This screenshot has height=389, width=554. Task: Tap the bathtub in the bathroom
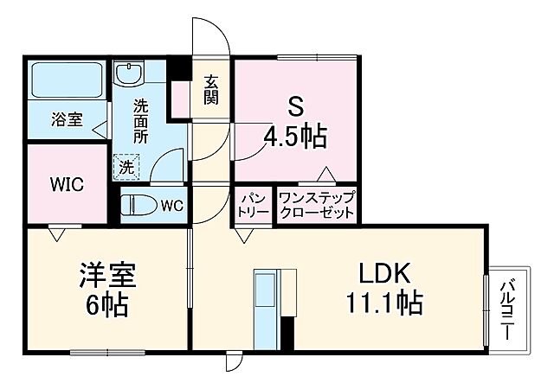(67, 81)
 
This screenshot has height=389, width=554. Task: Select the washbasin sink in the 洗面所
(132, 73)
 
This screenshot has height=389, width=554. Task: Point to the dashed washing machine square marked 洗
(126, 164)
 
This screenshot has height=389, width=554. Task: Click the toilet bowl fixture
(138, 206)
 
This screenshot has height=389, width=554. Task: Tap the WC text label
(172, 206)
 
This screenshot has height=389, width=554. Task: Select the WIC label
(65, 184)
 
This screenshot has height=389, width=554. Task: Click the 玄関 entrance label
(210, 88)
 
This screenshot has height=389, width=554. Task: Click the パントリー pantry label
(253, 206)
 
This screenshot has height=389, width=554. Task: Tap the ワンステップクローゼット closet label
(316, 206)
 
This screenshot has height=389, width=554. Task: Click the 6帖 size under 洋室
(104, 305)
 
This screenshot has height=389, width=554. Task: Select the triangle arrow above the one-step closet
(324, 173)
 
